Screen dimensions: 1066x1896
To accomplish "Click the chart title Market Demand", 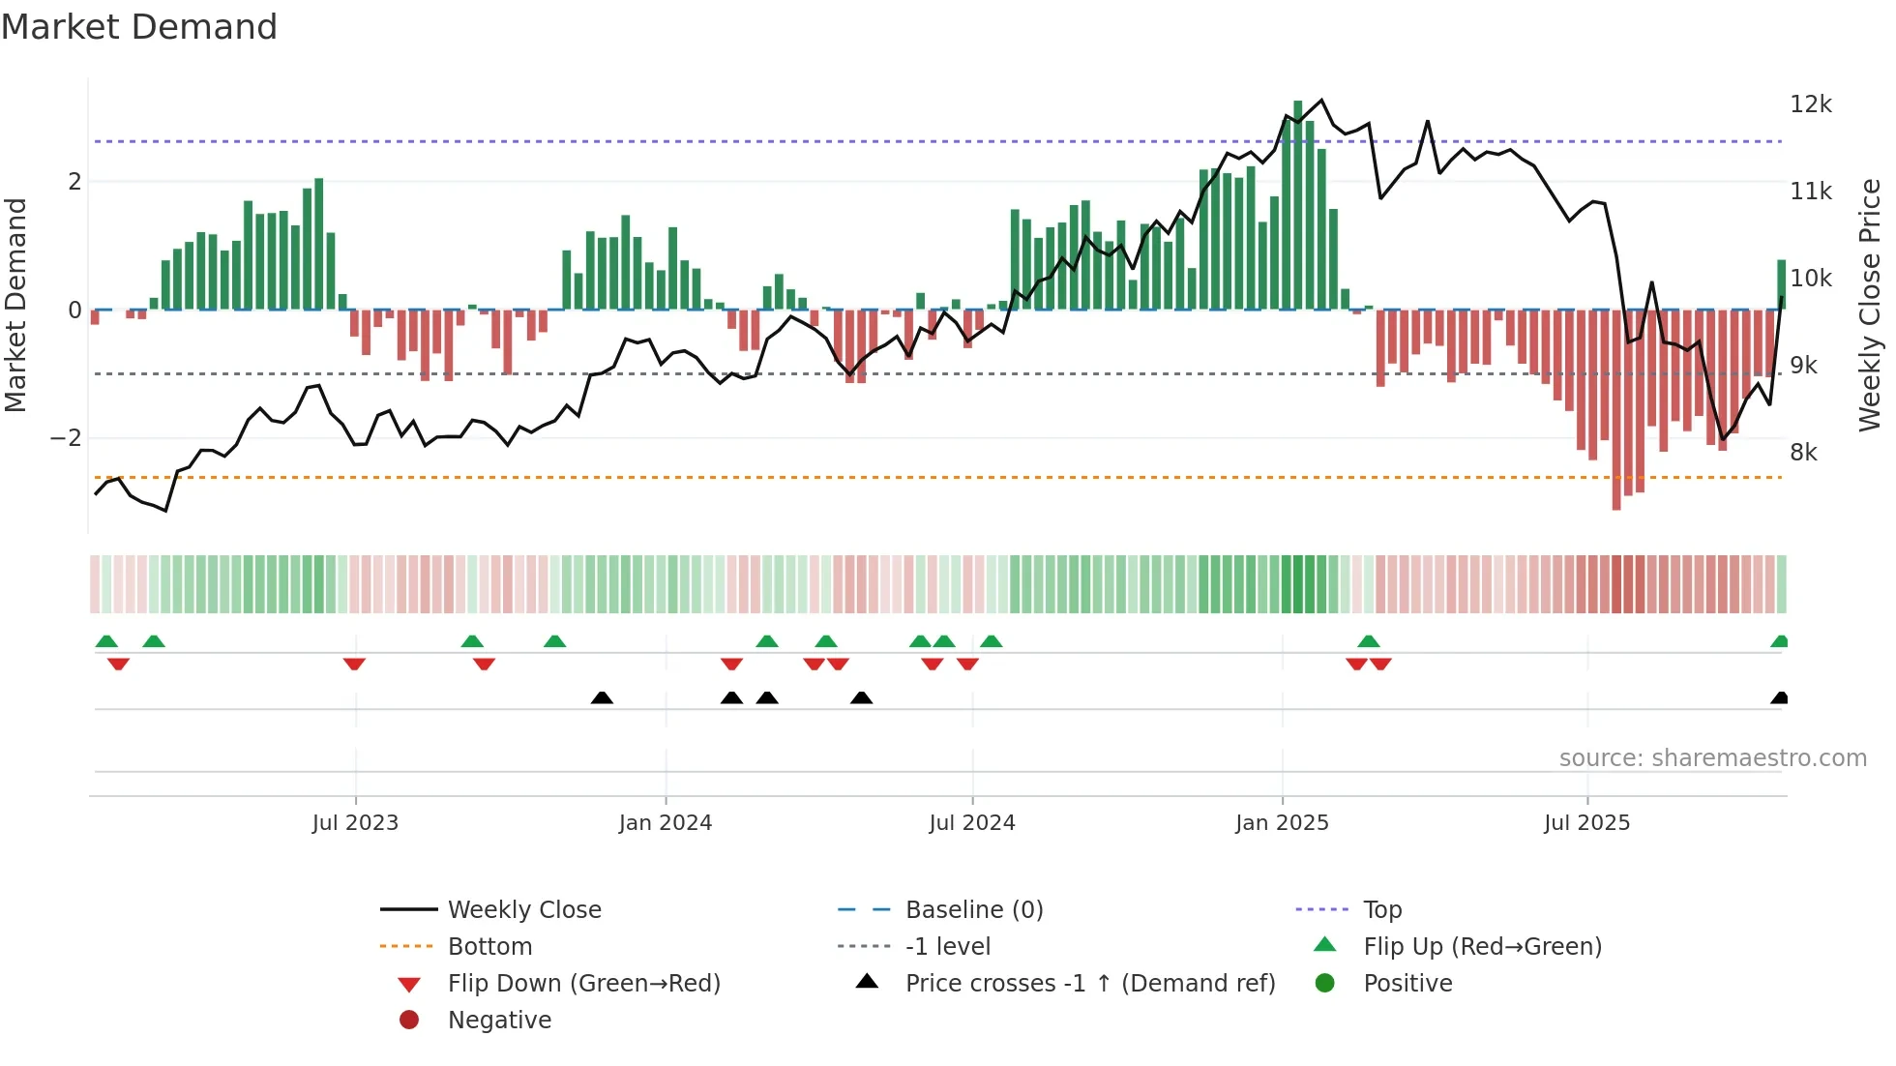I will [x=139, y=27].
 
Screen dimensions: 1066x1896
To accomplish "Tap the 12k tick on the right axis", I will [x=1810, y=104].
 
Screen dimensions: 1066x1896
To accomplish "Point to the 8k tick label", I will [x=1803, y=453].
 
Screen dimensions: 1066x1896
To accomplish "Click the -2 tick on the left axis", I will [x=66, y=438].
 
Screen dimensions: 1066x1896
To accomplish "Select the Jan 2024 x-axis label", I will [x=665, y=823].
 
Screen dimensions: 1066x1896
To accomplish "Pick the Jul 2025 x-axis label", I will [x=1586, y=823].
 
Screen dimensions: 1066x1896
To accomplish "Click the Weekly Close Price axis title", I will [x=1870, y=305].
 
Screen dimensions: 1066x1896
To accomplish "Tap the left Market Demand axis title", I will [x=16, y=305].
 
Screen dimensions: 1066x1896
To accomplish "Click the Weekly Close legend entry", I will [x=523, y=910].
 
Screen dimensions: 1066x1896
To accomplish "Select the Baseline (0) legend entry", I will [x=973, y=910].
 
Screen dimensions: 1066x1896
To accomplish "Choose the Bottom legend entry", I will [x=489, y=947].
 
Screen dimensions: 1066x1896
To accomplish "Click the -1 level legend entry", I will [x=947, y=947].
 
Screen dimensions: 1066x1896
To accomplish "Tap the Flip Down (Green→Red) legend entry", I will [x=583, y=984].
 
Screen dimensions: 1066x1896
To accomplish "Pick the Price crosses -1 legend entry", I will [x=1089, y=984].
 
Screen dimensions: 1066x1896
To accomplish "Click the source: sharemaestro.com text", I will [x=1712, y=758].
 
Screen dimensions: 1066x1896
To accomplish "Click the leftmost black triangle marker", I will [x=602, y=697].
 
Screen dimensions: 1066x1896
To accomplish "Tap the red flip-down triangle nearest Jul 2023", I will [x=354, y=664].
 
